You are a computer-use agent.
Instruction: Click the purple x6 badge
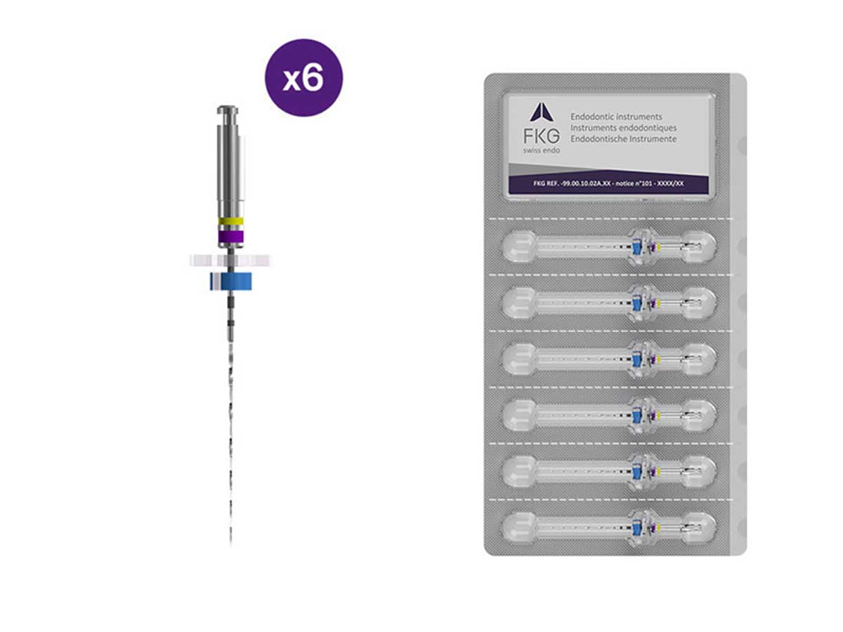click(x=303, y=78)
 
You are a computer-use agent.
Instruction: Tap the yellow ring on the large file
click(x=230, y=221)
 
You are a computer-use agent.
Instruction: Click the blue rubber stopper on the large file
click(x=231, y=282)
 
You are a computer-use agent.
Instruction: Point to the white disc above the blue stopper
click(x=230, y=261)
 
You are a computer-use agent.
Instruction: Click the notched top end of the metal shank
click(x=228, y=110)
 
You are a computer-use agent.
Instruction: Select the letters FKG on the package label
click(x=542, y=136)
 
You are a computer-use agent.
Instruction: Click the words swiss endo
click(x=542, y=150)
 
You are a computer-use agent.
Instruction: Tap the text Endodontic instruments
click(x=616, y=117)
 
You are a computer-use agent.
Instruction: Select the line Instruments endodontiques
click(x=623, y=128)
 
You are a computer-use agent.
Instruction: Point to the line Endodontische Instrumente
click(x=623, y=139)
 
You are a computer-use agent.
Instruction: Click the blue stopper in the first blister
click(x=636, y=247)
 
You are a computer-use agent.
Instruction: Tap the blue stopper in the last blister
click(x=636, y=527)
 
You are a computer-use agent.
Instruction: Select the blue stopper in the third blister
click(x=636, y=359)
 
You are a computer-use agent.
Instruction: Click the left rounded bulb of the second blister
click(x=519, y=303)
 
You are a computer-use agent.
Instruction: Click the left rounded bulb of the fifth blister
click(x=519, y=471)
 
